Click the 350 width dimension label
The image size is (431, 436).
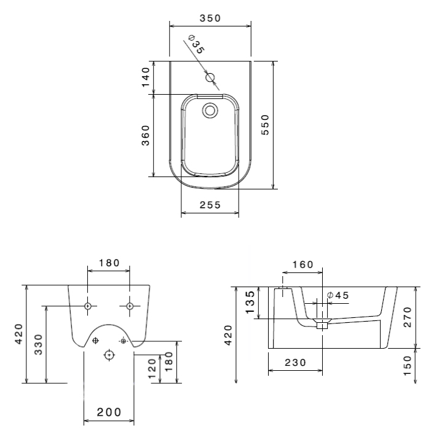(x=210, y=18)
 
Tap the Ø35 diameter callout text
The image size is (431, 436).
(x=196, y=44)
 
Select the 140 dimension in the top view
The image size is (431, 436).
(x=146, y=77)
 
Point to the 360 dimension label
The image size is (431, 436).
(x=146, y=135)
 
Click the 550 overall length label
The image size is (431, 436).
(x=265, y=125)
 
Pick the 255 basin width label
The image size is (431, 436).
(x=210, y=205)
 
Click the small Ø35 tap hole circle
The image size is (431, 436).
(x=210, y=77)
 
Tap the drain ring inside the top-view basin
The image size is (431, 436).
(x=210, y=110)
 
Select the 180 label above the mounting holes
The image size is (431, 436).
(x=109, y=263)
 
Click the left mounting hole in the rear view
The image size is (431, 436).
(x=88, y=306)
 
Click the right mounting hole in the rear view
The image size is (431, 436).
(x=130, y=306)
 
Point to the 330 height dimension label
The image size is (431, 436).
(x=38, y=344)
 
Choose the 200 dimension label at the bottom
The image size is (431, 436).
(x=109, y=412)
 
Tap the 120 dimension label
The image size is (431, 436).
(x=152, y=369)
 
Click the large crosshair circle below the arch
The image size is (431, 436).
(x=109, y=355)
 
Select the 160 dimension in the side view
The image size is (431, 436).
(x=303, y=264)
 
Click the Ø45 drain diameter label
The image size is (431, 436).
(x=338, y=295)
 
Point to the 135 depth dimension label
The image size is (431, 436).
(x=250, y=303)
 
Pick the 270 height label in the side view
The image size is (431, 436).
(x=407, y=317)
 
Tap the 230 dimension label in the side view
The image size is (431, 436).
(x=295, y=363)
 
